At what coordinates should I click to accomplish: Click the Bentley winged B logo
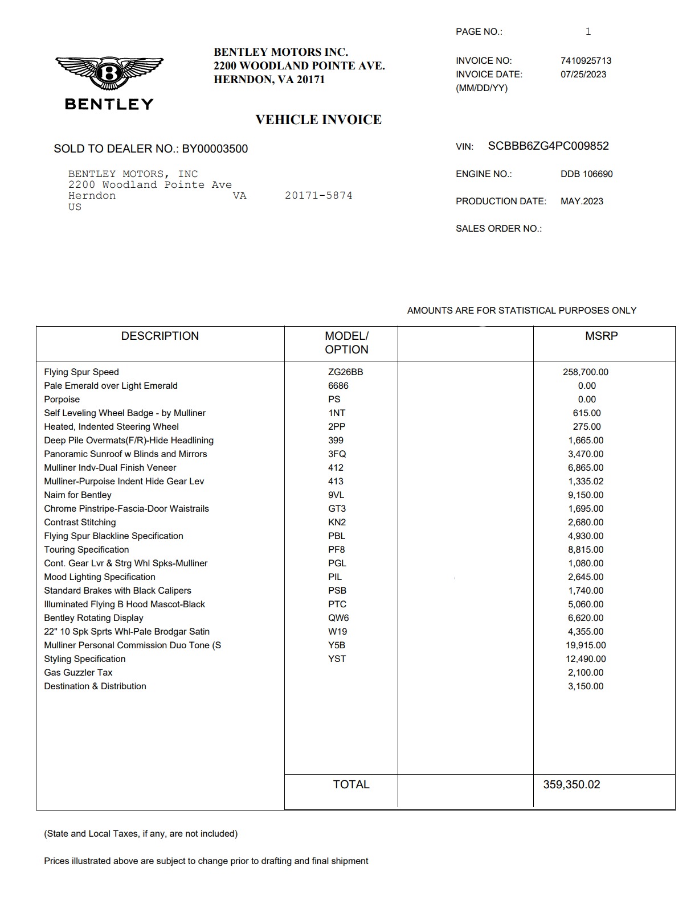(x=109, y=73)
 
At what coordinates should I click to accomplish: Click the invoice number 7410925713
(x=586, y=61)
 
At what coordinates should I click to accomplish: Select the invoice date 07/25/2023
(x=583, y=75)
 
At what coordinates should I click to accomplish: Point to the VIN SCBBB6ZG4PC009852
(x=548, y=146)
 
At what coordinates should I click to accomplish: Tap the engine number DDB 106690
(x=586, y=174)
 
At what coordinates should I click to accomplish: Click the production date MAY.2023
(x=582, y=201)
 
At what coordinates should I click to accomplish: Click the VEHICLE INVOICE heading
(x=318, y=120)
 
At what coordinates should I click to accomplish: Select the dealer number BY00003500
(x=215, y=149)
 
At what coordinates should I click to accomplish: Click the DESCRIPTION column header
(x=160, y=336)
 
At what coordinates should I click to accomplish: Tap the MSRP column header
(x=601, y=336)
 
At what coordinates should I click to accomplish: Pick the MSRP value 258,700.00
(x=585, y=372)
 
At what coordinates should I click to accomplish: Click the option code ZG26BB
(x=345, y=372)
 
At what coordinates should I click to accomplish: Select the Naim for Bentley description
(x=77, y=495)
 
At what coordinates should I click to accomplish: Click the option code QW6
(x=338, y=618)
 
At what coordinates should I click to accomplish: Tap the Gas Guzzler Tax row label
(x=78, y=673)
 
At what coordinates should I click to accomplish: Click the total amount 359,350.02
(x=571, y=785)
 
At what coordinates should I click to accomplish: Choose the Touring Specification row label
(x=87, y=550)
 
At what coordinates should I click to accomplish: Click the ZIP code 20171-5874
(x=318, y=196)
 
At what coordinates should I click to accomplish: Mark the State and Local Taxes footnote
(x=141, y=834)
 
